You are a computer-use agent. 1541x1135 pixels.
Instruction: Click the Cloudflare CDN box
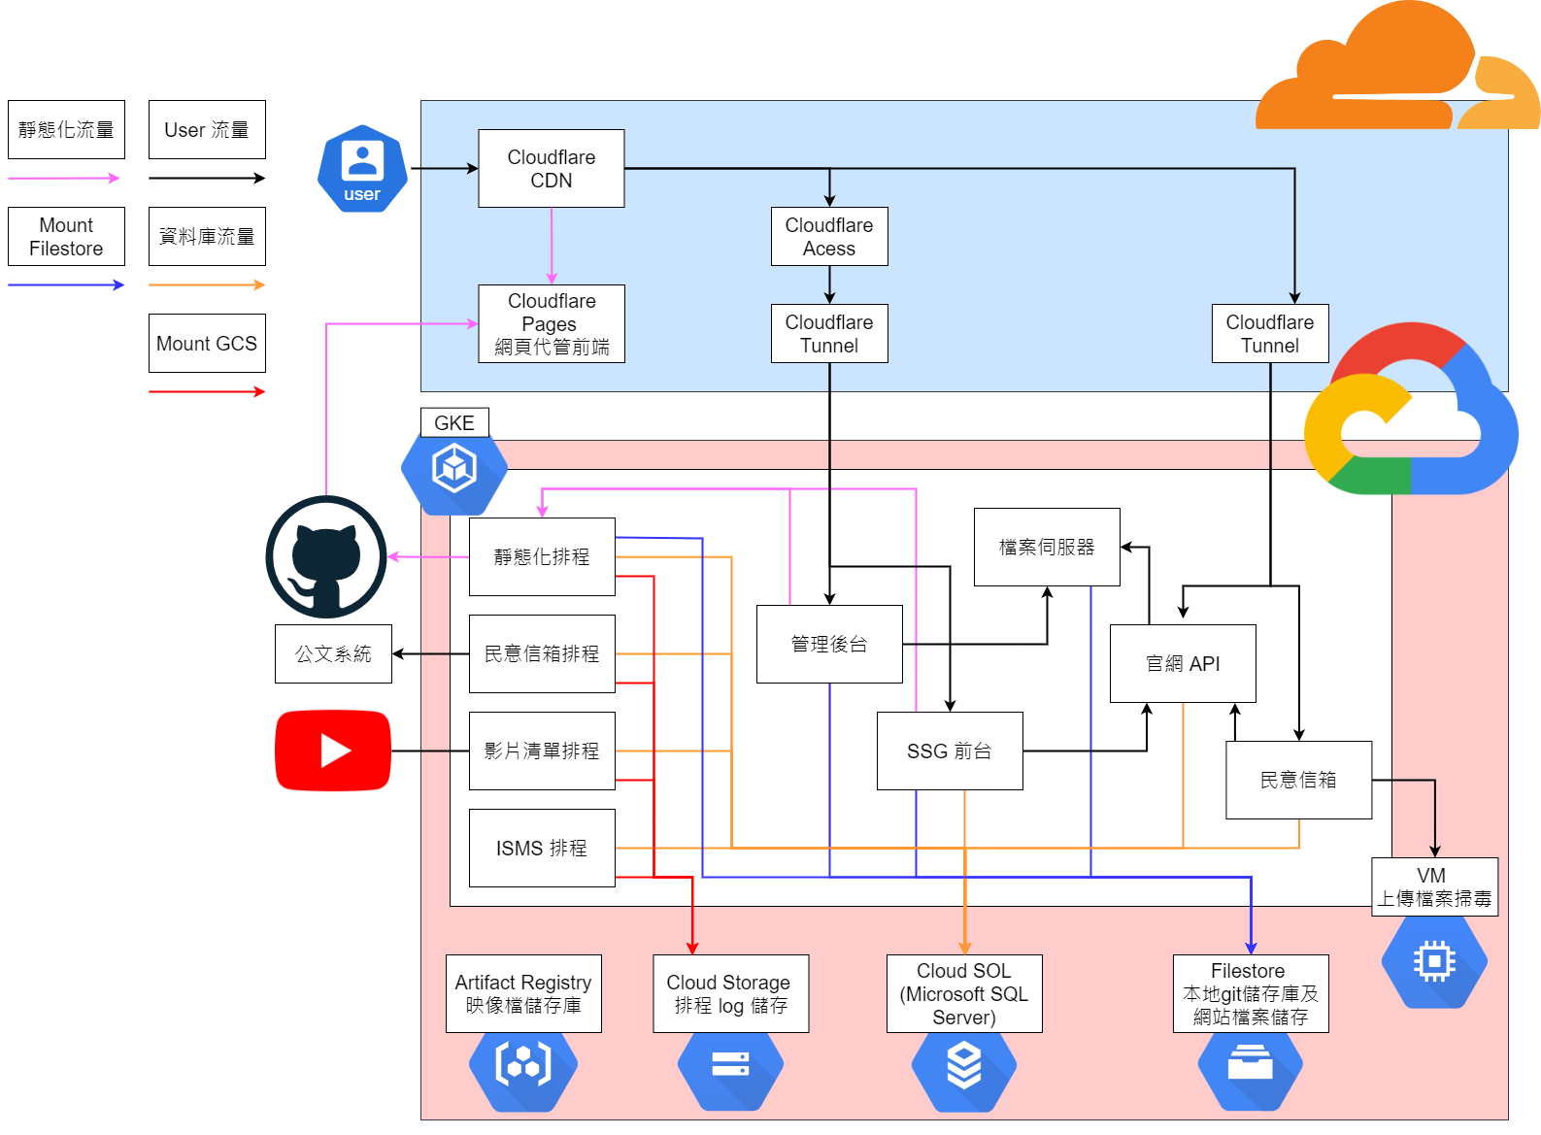pos(551,168)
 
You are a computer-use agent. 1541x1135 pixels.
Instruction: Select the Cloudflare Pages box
pos(551,323)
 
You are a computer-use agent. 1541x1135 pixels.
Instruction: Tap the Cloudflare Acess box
pos(828,236)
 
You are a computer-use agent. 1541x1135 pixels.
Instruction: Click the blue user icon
pos(362,168)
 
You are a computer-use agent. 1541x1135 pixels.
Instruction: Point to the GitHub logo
pos(326,556)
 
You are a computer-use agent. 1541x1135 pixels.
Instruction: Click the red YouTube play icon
pos(333,751)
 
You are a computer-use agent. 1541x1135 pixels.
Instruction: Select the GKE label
pos(453,422)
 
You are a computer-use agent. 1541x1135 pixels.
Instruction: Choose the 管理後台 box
pos(828,644)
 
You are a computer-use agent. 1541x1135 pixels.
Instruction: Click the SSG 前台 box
pos(949,751)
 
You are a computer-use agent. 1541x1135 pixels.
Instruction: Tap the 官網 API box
pos(1182,663)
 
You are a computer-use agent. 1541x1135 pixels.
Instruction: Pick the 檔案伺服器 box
pos(1046,547)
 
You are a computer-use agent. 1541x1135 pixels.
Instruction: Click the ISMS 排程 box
pos(541,848)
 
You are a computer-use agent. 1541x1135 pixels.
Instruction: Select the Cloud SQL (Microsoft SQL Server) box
pos(963,993)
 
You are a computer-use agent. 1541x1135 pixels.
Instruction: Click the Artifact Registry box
pos(522,993)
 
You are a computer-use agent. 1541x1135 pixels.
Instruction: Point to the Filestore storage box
pos(1250,993)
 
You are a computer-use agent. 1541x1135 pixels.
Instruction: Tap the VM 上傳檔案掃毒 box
pos(1433,886)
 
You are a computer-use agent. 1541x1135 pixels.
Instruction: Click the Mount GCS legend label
pos(206,343)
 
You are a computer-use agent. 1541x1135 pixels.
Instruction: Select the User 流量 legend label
pos(206,129)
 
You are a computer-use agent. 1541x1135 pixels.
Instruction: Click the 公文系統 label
pos(333,653)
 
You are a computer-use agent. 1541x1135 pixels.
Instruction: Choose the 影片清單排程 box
pos(541,751)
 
